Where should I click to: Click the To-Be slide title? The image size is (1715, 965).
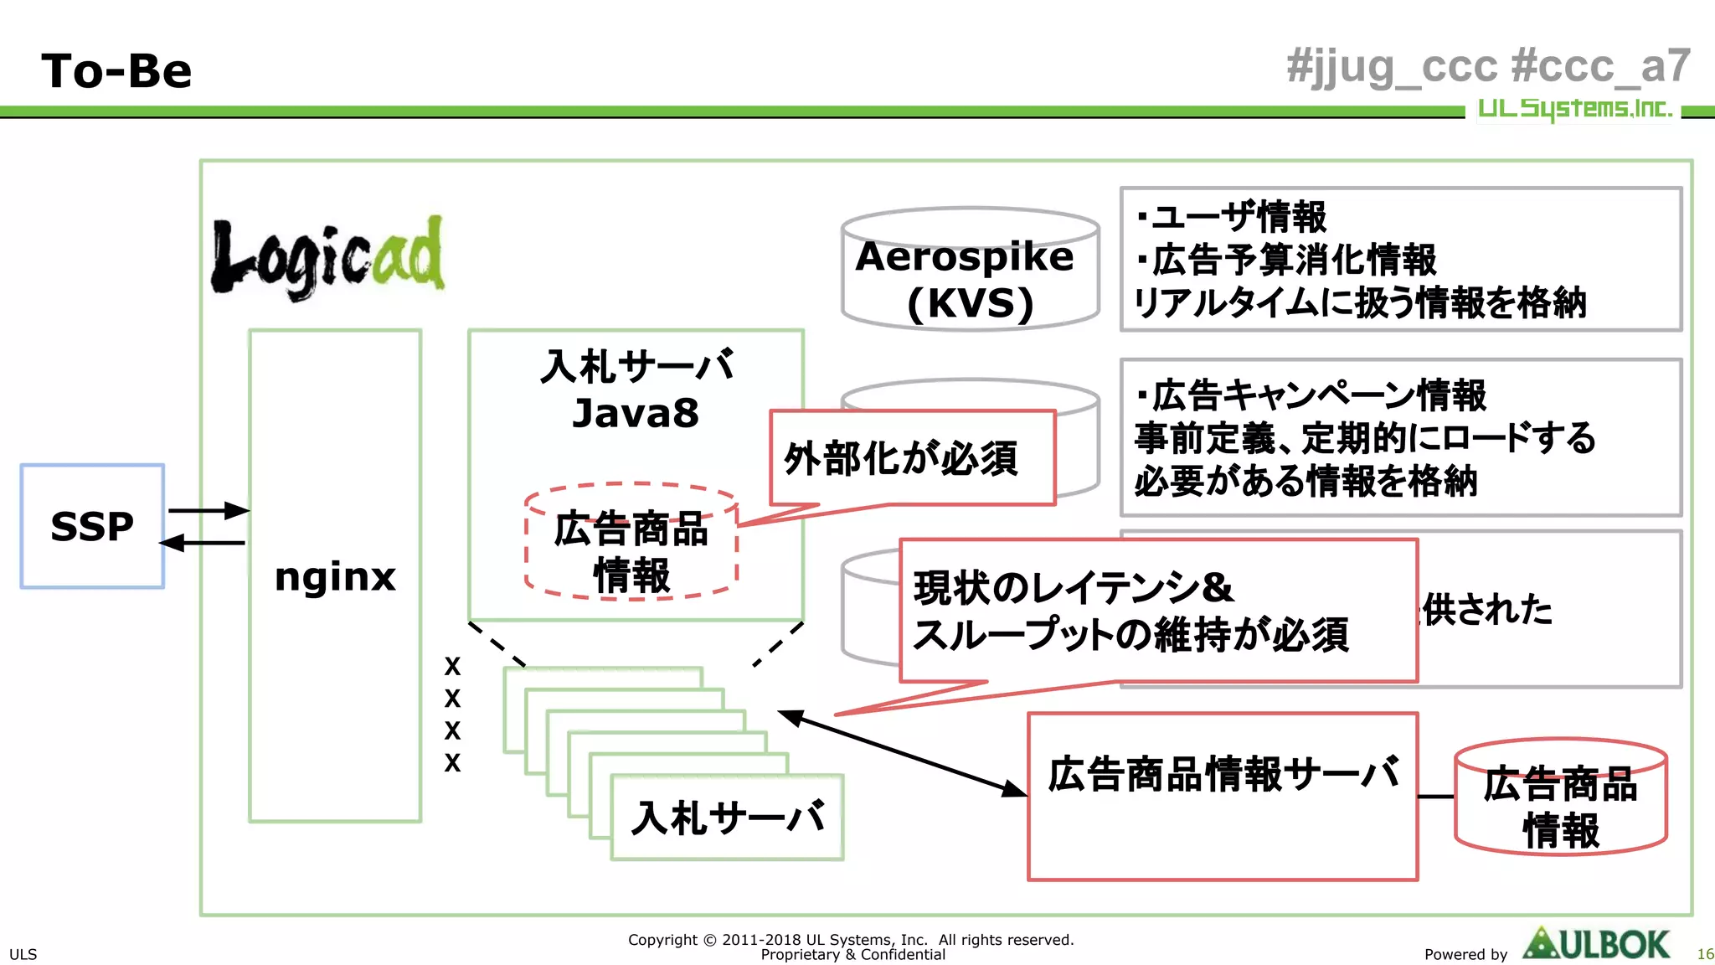[116, 70]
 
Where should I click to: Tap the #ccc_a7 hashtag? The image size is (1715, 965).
[1600, 65]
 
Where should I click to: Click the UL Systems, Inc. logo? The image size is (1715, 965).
[1573, 108]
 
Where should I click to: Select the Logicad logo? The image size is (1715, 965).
[327, 255]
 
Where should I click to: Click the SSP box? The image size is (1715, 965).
[92, 526]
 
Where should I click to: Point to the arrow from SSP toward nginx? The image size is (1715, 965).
[209, 510]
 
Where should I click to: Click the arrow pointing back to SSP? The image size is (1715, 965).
[203, 543]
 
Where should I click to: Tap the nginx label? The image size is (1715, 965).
[335, 576]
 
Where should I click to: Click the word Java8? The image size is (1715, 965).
[635, 413]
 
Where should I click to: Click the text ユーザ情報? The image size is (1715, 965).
[1239, 217]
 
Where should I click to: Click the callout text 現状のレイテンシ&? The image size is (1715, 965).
[1074, 587]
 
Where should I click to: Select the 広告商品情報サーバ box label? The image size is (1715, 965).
[1223, 773]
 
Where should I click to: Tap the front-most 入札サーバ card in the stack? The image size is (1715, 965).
[727, 818]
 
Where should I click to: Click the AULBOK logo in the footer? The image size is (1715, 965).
[1596, 945]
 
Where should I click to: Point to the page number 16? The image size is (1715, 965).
[1704, 954]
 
